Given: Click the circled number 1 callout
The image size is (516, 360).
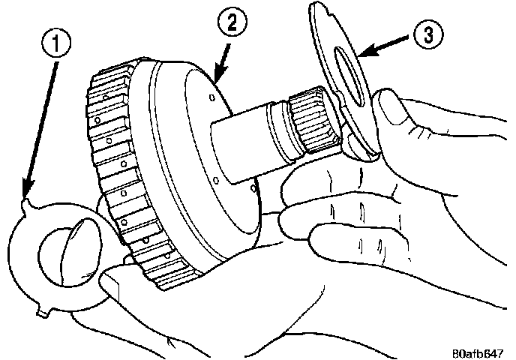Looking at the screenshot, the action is [x=57, y=43].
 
